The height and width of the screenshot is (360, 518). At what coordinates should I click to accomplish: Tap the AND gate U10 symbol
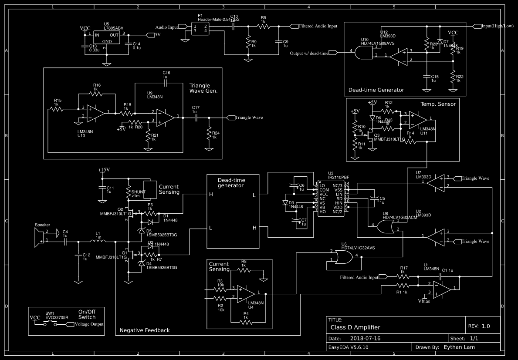[x=362, y=54]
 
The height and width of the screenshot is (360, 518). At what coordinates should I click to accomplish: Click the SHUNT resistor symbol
[x=129, y=191]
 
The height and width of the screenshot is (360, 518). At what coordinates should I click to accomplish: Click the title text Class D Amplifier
[x=355, y=327]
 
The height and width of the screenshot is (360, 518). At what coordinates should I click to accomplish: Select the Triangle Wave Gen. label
[x=203, y=88]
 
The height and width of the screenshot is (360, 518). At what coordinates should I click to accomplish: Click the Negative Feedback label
[x=145, y=330]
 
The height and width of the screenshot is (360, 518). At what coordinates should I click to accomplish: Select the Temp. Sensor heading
[x=438, y=104]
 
